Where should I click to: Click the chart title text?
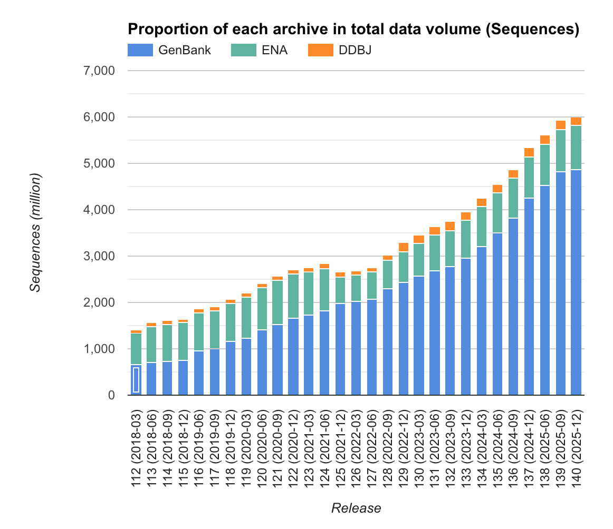coord(353,30)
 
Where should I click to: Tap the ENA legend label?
coord(275,51)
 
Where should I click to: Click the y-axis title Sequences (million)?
coord(35,232)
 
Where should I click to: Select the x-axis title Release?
coord(356,508)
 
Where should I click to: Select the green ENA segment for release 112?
coord(136,349)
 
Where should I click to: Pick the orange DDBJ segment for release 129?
coord(403,247)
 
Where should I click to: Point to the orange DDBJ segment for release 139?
coord(560,125)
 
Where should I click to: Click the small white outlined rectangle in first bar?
coord(136,379)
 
